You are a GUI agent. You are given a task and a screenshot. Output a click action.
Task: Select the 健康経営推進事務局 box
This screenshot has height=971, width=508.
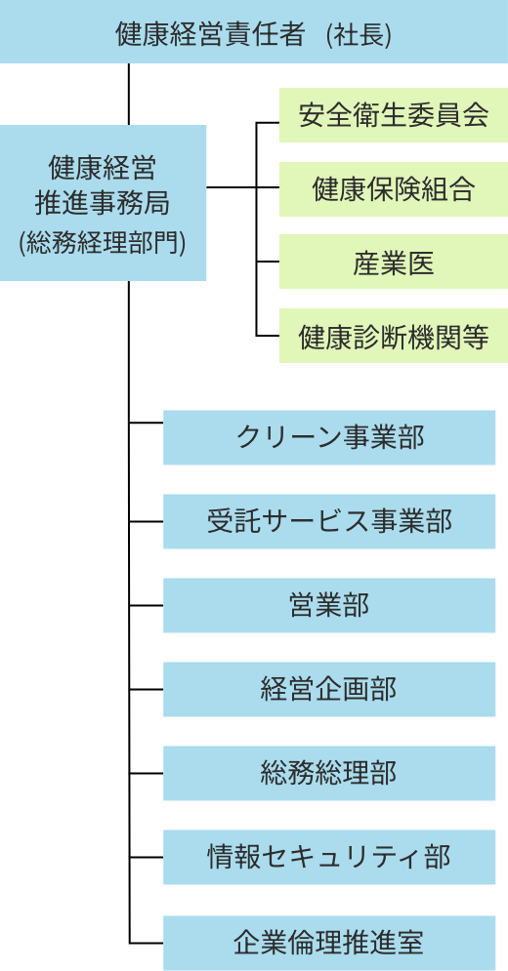[103, 203]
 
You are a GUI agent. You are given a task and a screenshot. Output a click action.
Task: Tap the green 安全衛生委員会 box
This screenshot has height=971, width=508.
[393, 115]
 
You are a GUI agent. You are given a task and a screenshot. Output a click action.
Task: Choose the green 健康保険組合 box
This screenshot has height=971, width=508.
[393, 189]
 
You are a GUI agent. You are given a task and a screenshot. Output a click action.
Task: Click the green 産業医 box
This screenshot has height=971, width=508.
[393, 263]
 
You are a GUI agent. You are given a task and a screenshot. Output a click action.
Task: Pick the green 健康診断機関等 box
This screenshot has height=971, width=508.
[393, 337]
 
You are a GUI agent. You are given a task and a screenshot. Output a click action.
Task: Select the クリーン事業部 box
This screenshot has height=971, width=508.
[329, 437]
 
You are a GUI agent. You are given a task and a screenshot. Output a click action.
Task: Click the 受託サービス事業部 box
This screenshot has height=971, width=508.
[329, 521]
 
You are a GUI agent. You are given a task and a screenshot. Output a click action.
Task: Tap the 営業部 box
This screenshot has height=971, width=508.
[329, 605]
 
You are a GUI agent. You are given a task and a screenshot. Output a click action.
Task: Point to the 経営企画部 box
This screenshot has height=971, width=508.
[329, 689]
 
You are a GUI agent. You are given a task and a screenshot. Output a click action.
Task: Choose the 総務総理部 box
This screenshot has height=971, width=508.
[329, 773]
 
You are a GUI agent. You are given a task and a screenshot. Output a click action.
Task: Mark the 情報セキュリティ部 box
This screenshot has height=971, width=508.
[329, 857]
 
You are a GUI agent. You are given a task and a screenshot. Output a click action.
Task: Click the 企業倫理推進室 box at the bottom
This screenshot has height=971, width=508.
[329, 943]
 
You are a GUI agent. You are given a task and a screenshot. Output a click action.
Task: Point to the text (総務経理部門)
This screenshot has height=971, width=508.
[103, 242]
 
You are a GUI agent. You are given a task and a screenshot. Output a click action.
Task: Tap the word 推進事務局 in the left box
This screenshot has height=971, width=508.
[103, 203]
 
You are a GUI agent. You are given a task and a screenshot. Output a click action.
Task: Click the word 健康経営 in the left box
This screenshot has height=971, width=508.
[103, 168]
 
